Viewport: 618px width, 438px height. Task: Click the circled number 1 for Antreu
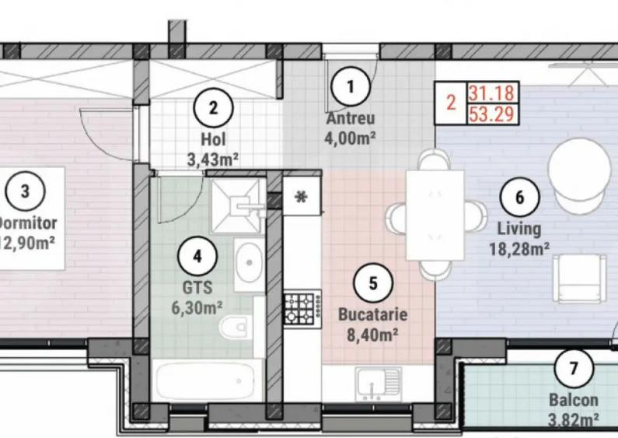coord(351,87)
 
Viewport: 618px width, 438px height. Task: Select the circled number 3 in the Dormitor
coord(25,190)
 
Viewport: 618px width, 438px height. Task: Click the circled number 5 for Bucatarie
coord(372,282)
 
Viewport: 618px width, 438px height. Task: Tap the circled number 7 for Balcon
coord(574,368)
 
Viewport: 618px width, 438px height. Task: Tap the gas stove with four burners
coord(301,309)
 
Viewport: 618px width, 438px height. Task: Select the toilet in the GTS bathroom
coord(233,328)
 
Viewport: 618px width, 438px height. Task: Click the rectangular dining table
coord(435,215)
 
